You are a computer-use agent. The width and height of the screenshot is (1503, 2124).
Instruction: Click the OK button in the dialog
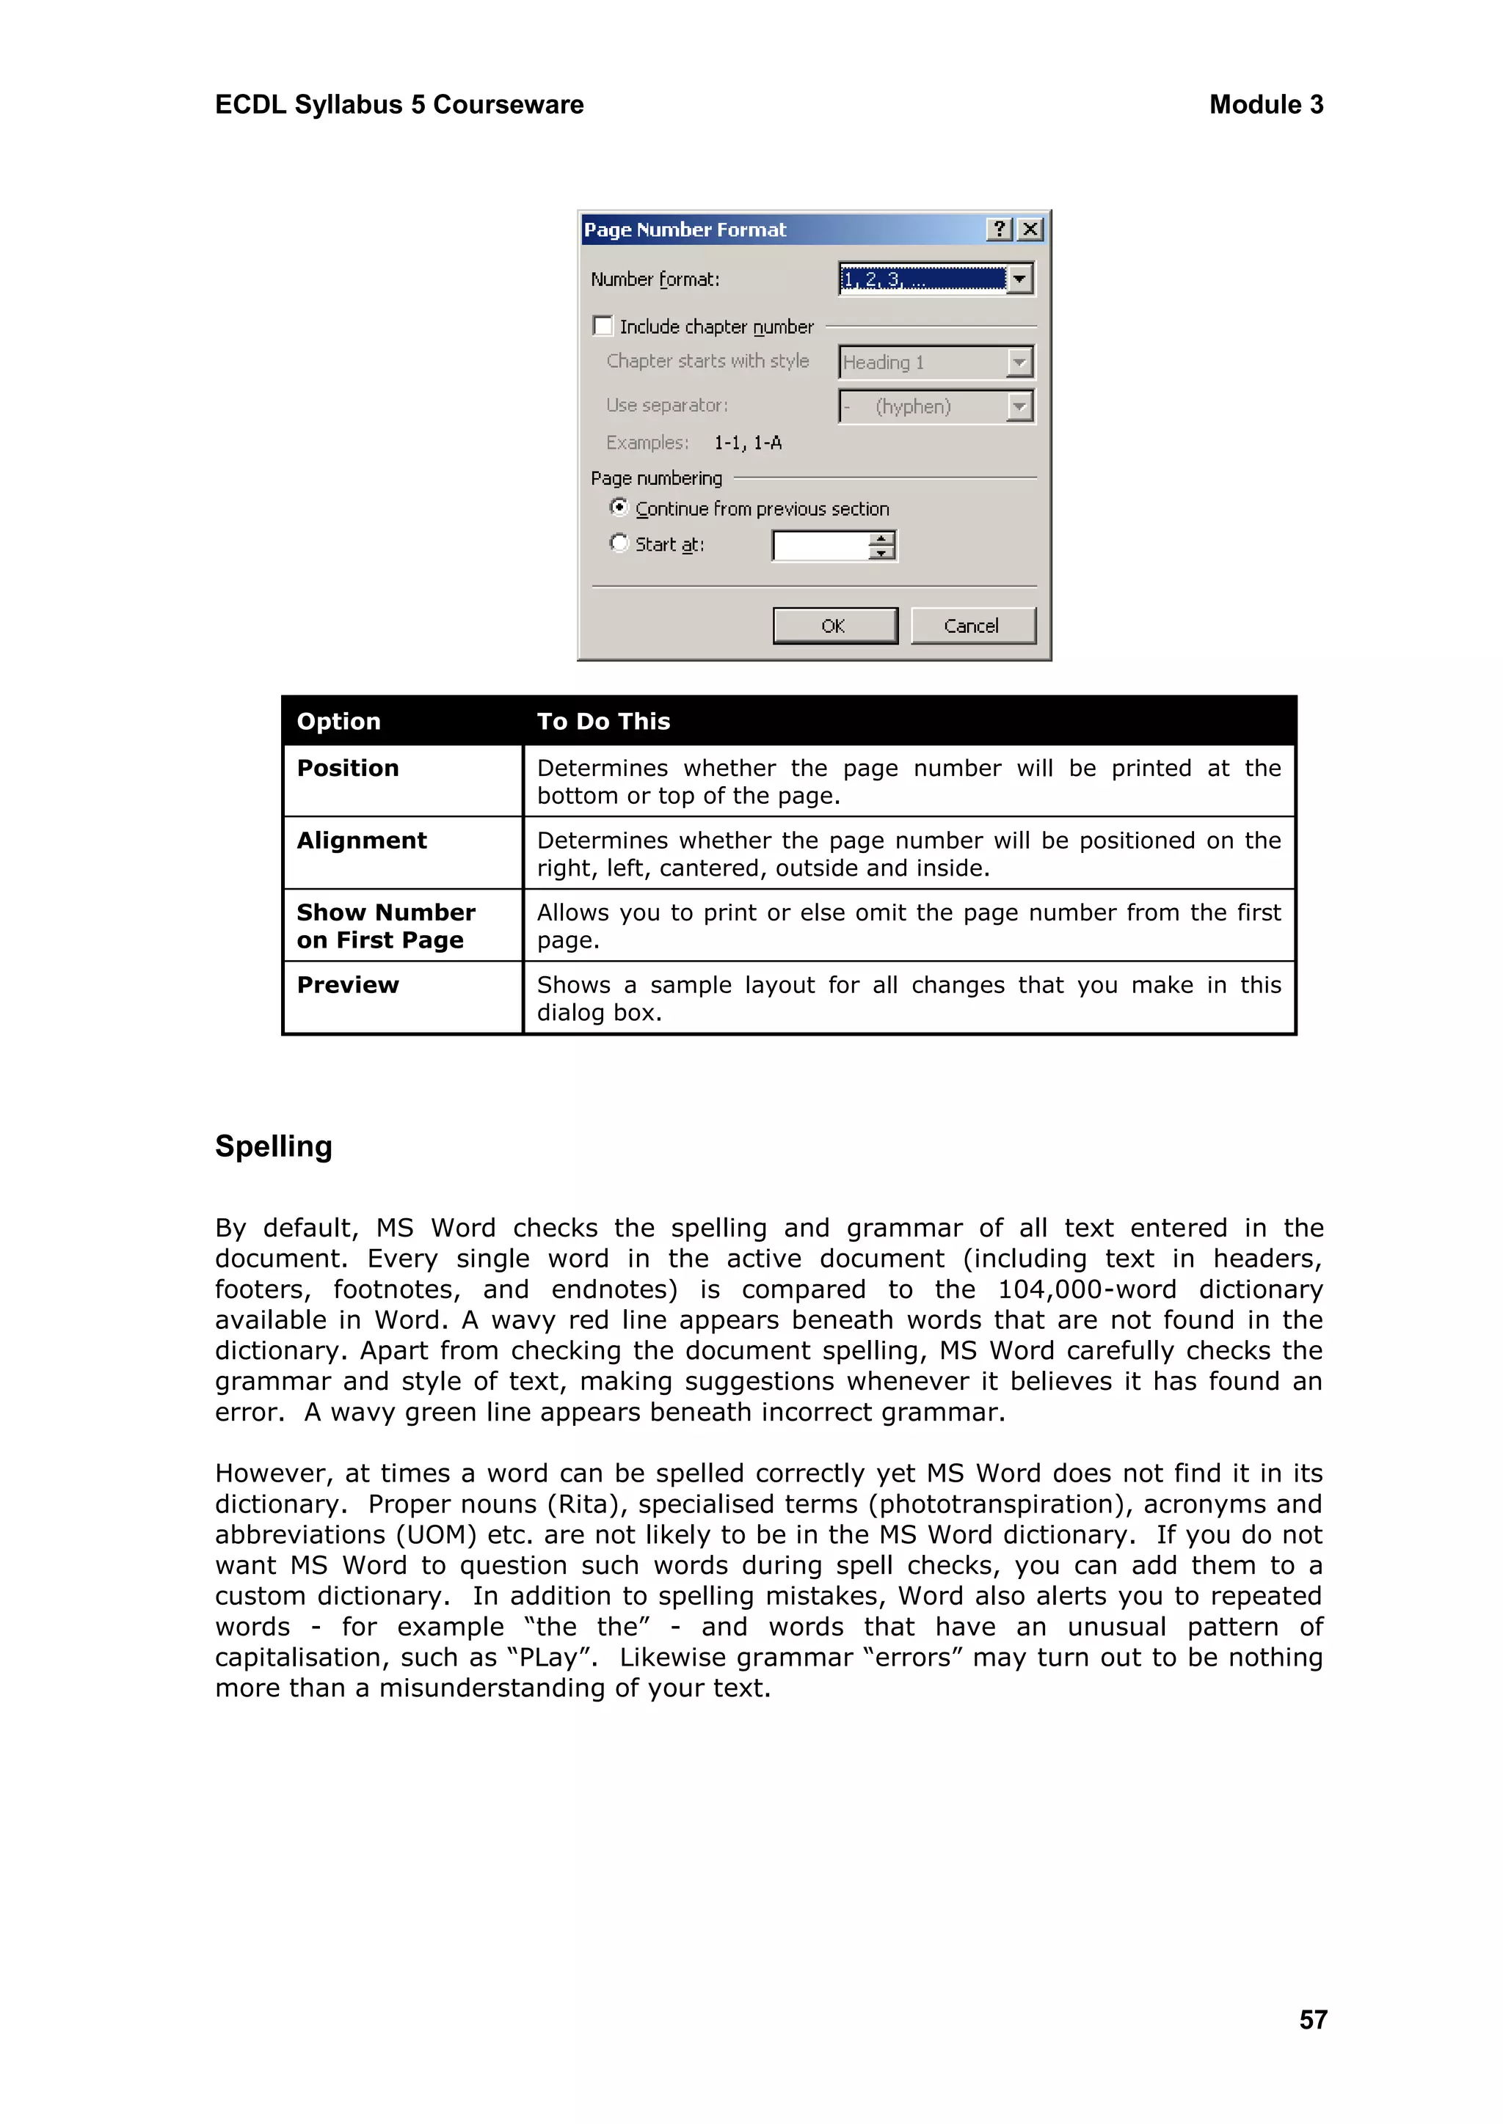[x=834, y=626]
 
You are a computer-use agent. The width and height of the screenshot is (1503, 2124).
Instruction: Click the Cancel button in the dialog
[x=972, y=626]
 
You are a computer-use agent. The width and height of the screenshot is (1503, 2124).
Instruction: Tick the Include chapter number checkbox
[x=603, y=326]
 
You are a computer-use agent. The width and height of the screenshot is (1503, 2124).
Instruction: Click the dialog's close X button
[x=1030, y=229]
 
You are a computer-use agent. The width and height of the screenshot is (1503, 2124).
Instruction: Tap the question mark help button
[x=1000, y=229]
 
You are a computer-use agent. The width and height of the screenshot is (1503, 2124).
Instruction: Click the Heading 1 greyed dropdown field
[x=922, y=362]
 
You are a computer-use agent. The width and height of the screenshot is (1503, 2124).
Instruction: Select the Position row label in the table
[x=348, y=768]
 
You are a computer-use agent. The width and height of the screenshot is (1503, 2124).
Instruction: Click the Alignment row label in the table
[x=362, y=840]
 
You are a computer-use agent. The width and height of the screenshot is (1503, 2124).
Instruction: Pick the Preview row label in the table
[x=348, y=984]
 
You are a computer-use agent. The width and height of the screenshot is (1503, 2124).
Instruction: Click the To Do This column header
[x=603, y=721]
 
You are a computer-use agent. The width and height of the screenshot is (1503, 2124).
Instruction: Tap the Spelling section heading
[x=273, y=1146]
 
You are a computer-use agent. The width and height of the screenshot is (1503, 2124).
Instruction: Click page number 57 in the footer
[x=1312, y=2018]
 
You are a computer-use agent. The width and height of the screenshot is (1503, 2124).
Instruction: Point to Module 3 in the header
[x=1265, y=105]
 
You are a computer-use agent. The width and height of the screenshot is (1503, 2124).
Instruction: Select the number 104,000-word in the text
[x=1087, y=1289]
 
